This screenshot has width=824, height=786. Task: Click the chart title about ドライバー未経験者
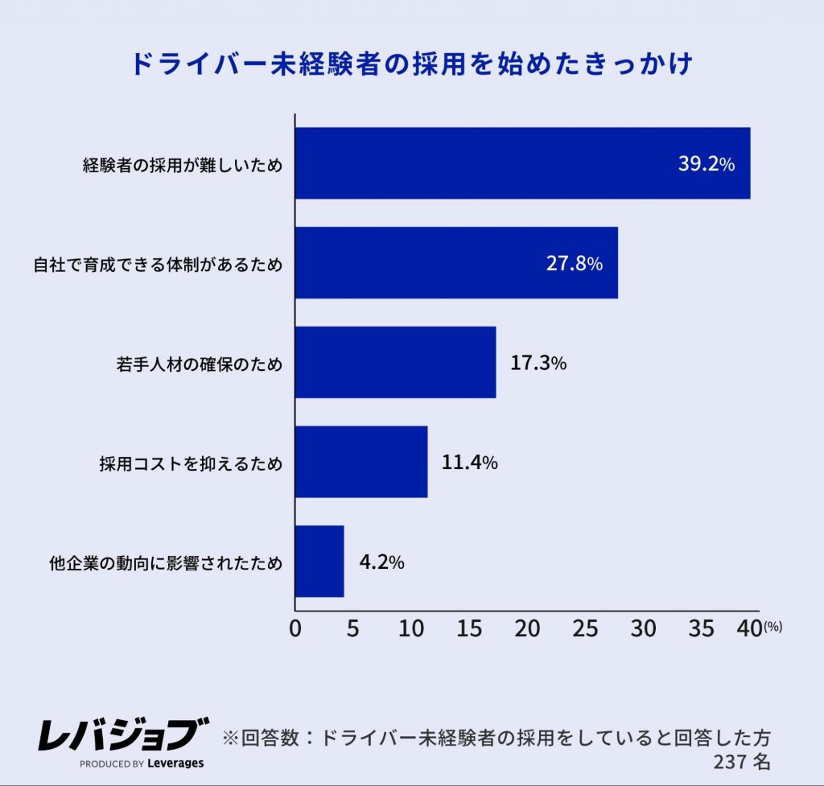click(411, 64)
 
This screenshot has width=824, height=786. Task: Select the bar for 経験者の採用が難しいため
click(522, 163)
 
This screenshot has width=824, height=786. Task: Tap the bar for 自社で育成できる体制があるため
click(456, 263)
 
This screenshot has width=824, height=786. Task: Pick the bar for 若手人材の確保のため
click(395, 363)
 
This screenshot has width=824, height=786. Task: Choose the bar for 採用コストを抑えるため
click(361, 463)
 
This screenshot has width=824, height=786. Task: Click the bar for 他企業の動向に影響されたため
click(319, 562)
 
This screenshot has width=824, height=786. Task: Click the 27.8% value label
click(575, 264)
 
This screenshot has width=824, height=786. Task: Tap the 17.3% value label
click(538, 364)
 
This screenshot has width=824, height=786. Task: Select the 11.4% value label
click(470, 463)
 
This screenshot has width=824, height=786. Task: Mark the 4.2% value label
click(381, 563)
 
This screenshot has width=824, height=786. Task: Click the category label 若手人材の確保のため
click(200, 364)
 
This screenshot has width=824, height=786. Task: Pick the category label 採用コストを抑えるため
click(191, 463)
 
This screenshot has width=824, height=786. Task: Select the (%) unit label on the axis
click(772, 626)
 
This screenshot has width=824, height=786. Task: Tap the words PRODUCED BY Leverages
click(142, 763)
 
